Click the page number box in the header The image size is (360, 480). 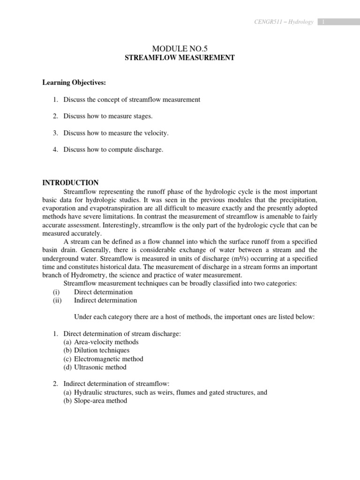(x=323, y=22)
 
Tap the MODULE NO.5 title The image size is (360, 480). (x=180, y=48)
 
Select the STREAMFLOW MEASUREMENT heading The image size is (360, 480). (x=180, y=58)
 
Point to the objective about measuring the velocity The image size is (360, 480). (x=116, y=133)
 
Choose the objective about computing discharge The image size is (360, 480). (x=113, y=150)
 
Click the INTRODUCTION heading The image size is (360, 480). (x=71, y=183)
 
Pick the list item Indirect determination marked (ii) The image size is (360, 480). (x=105, y=300)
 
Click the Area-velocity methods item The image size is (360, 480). (x=106, y=342)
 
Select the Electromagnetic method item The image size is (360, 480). (x=109, y=359)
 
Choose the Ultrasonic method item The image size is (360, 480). (x=100, y=367)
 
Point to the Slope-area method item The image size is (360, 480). (x=100, y=401)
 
